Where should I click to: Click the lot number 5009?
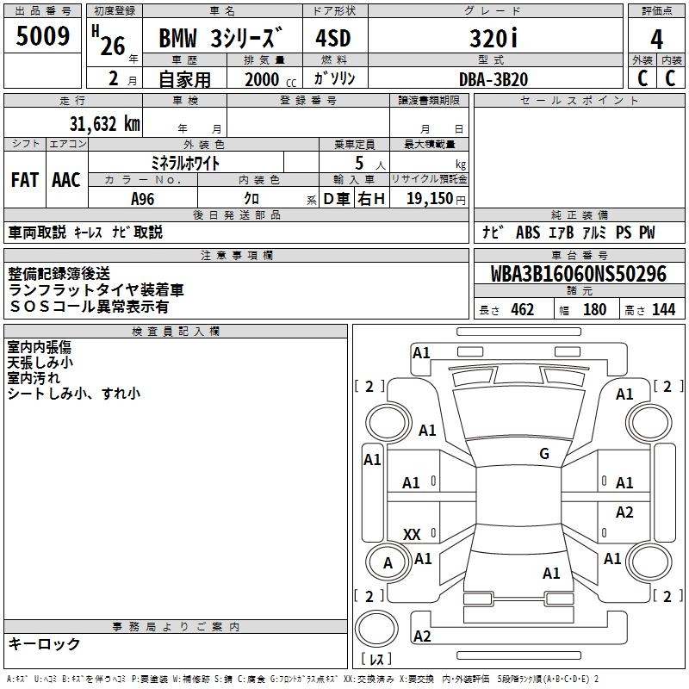tap(43, 37)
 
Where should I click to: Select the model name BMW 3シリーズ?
tap(220, 40)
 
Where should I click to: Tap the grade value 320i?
tap(493, 39)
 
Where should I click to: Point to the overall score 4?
tap(657, 40)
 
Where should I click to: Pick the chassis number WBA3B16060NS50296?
tap(579, 275)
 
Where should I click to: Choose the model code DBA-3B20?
tap(493, 79)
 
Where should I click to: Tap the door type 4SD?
tap(333, 39)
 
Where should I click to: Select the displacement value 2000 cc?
tap(266, 79)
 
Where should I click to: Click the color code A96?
tap(145, 199)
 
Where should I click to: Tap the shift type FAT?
tap(25, 180)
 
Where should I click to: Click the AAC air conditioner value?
tap(66, 180)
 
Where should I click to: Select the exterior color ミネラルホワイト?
tap(185, 162)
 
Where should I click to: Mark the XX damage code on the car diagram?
tap(412, 535)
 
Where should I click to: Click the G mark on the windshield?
tap(543, 454)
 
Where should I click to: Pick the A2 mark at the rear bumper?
tap(422, 636)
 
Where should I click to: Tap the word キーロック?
tap(44, 643)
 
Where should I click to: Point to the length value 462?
tap(522, 310)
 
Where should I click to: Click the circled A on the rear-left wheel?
tap(388, 563)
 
